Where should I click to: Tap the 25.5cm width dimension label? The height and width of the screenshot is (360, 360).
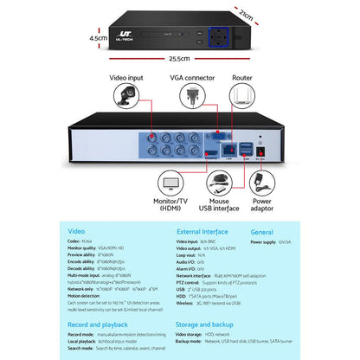click(179, 59)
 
